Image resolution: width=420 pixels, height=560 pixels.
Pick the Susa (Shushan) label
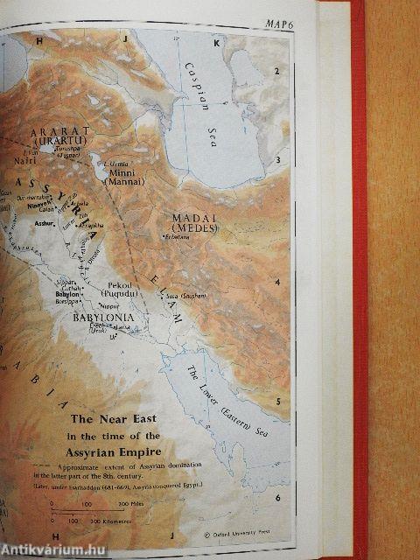click(x=183, y=297)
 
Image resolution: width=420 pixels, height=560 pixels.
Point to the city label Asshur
click(x=43, y=225)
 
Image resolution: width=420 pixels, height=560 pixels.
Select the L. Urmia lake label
click(x=117, y=164)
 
